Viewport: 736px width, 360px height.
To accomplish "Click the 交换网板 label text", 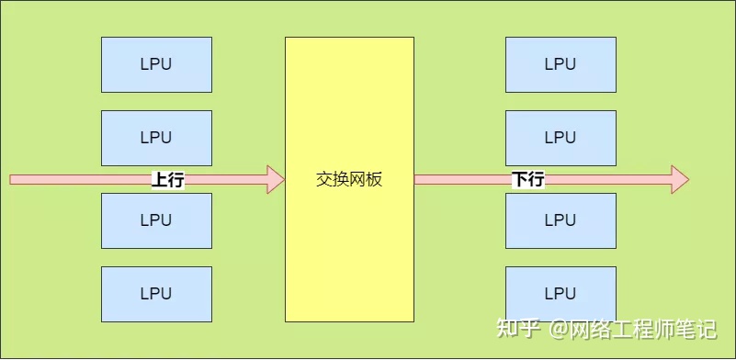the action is pyautogui.click(x=349, y=180).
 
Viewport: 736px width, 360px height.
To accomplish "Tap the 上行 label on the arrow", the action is pyautogui.click(x=168, y=180).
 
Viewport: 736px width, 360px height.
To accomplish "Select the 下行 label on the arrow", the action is pyautogui.click(x=528, y=180).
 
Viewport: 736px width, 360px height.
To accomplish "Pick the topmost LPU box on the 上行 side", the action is pyautogui.click(x=156, y=65).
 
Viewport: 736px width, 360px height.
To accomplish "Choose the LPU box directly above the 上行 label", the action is pyautogui.click(x=156, y=138).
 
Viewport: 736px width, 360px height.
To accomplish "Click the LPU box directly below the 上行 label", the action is pyautogui.click(x=156, y=220).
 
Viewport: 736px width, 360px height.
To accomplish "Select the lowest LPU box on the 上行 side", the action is pyautogui.click(x=156, y=294).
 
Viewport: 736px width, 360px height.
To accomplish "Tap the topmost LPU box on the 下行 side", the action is pyautogui.click(x=560, y=65).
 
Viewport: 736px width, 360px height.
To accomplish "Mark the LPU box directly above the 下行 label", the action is pyautogui.click(x=560, y=138).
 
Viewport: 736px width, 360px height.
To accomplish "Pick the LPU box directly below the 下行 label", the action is pyautogui.click(x=560, y=220).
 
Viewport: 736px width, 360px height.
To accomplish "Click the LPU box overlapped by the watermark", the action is pyautogui.click(x=560, y=294).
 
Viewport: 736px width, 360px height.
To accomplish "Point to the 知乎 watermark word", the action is pyautogui.click(x=516, y=329).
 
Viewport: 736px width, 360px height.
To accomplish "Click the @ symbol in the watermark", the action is pyautogui.click(x=558, y=329).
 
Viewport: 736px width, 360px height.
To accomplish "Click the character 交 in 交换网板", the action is pyautogui.click(x=323, y=180).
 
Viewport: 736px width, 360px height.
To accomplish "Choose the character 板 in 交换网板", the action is pyautogui.click(x=375, y=180).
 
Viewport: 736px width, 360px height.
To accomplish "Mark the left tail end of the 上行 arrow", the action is pyautogui.click(x=10, y=179).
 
